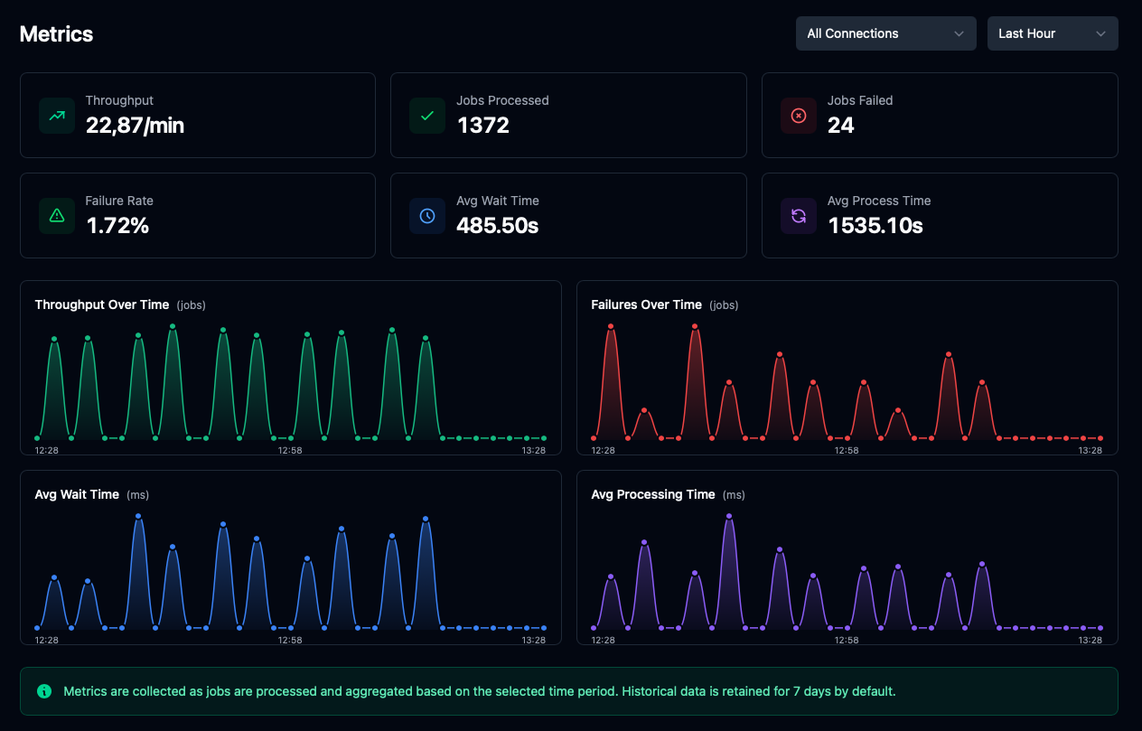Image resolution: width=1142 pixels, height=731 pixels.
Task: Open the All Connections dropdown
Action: [x=885, y=33]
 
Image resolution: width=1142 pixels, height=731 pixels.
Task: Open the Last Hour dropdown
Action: [x=1052, y=33]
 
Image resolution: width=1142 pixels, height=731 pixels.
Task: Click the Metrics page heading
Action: [x=56, y=34]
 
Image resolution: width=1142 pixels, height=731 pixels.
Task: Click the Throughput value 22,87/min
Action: [x=135, y=126]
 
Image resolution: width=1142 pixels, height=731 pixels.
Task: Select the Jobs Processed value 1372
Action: [x=482, y=126]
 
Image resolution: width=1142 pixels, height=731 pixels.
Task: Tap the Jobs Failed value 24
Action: [x=840, y=126]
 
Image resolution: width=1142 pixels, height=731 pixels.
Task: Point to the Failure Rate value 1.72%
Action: [x=117, y=226]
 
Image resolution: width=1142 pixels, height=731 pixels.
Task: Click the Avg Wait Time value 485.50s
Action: [x=497, y=226]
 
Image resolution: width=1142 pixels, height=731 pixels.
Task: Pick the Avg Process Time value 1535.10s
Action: [x=875, y=226]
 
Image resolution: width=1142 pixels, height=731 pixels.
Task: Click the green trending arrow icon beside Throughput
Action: [x=57, y=116]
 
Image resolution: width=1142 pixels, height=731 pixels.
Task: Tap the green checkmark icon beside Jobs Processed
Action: [x=427, y=116]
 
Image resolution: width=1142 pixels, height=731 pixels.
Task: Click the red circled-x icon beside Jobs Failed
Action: [x=798, y=116]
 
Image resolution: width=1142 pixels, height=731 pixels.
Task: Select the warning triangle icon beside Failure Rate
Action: [x=57, y=216]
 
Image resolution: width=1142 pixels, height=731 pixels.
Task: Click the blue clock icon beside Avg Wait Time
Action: [x=427, y=216]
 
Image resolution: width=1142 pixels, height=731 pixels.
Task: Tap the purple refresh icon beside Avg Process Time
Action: [x=798, y=216]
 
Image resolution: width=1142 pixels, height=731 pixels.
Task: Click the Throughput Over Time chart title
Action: [x=102, y=305]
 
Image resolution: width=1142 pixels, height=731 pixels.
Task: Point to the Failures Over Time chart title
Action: [x=646, y=305]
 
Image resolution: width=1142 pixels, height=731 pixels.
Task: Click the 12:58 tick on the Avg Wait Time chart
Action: [x=290, y=640]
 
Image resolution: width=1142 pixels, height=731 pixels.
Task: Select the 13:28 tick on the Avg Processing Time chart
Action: [x=1091, y=640]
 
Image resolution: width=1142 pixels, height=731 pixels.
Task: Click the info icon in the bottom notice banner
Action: [x=44, y=691]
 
